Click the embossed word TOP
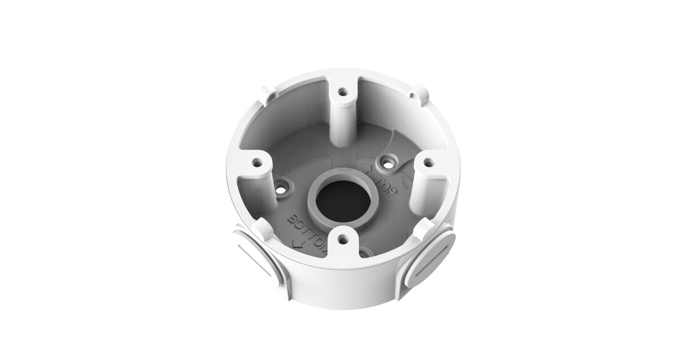[387, 186]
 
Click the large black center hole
[344, 201]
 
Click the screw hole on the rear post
[344, 91]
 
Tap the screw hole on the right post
[429, 162]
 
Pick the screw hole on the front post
[343, 238]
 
